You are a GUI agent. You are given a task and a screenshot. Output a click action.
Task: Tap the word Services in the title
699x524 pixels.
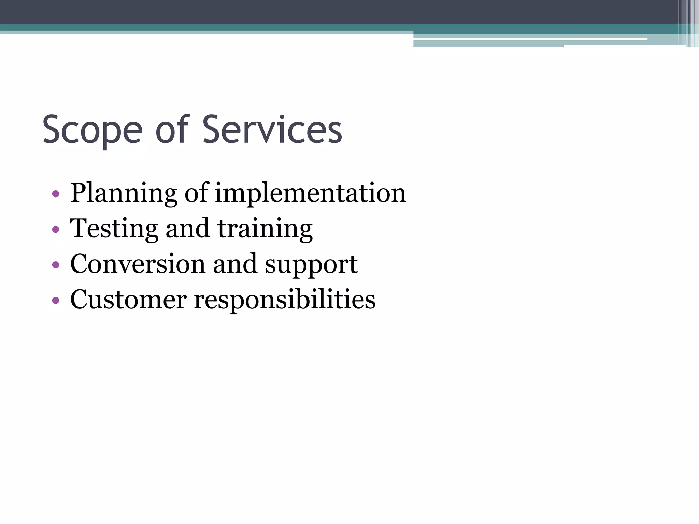pyautogui.click(x=272, y=130)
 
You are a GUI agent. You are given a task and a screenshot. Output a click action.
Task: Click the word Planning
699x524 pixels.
pyautogui.click(x=124, y=193)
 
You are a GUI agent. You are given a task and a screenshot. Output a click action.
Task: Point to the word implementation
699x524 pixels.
pyautogui.click(x=310, y=193)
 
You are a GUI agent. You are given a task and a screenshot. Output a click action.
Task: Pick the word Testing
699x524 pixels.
pyautogui.click(x=114, y=229)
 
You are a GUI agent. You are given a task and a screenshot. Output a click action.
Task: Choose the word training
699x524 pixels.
pyautogui.click(x=265, y=229)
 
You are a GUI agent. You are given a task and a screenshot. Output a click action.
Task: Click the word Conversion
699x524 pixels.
pyautogui.click(x=138, y=264)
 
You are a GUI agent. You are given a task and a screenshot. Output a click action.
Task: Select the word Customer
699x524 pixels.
pyautogui.click(x=128, y=300)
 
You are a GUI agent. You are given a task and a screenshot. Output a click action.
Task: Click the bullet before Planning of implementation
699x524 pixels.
pyautogui.click(x=56, y=194)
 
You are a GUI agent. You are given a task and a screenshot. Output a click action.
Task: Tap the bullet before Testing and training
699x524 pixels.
pyautogui.click(x=56, y=230)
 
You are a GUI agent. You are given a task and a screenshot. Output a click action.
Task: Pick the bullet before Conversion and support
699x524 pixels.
pyautogui.click(x=56, y=265)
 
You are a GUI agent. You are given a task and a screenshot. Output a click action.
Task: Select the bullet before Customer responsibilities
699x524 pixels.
pyautogui.click(x=56, y=301)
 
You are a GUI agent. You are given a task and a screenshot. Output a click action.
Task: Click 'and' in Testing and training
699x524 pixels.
pyautogui.click(x=187, y=228)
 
